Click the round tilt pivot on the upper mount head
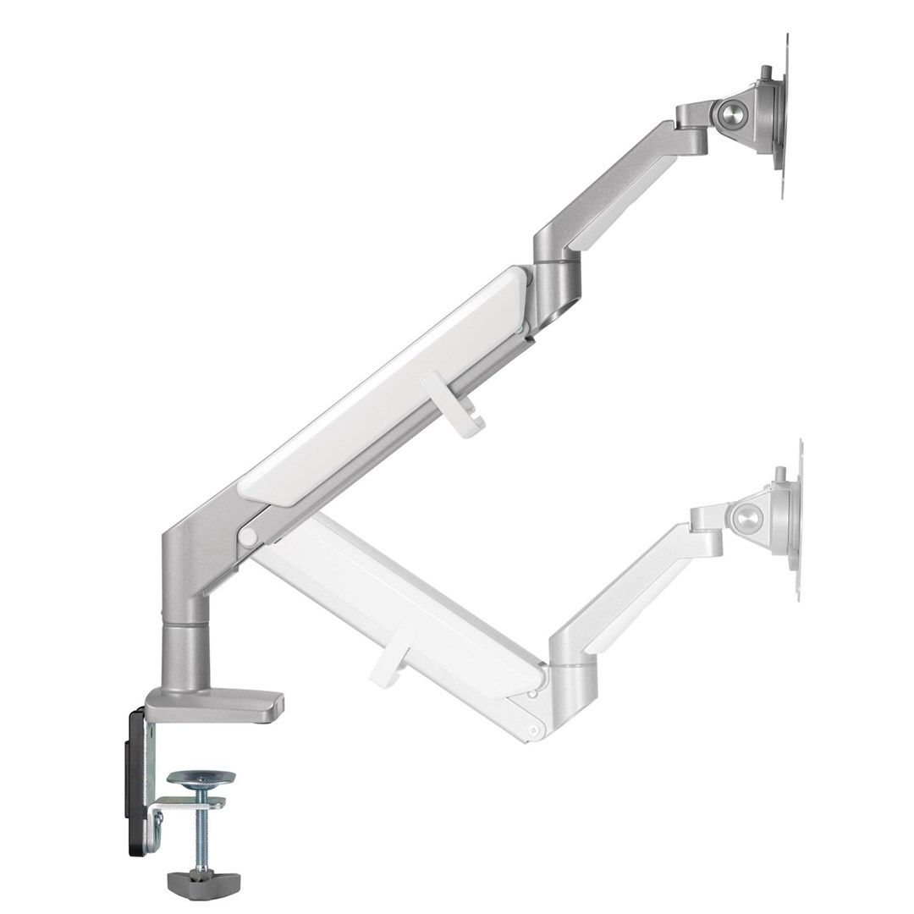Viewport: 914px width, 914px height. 730,111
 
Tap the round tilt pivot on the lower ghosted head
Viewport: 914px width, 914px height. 747,518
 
